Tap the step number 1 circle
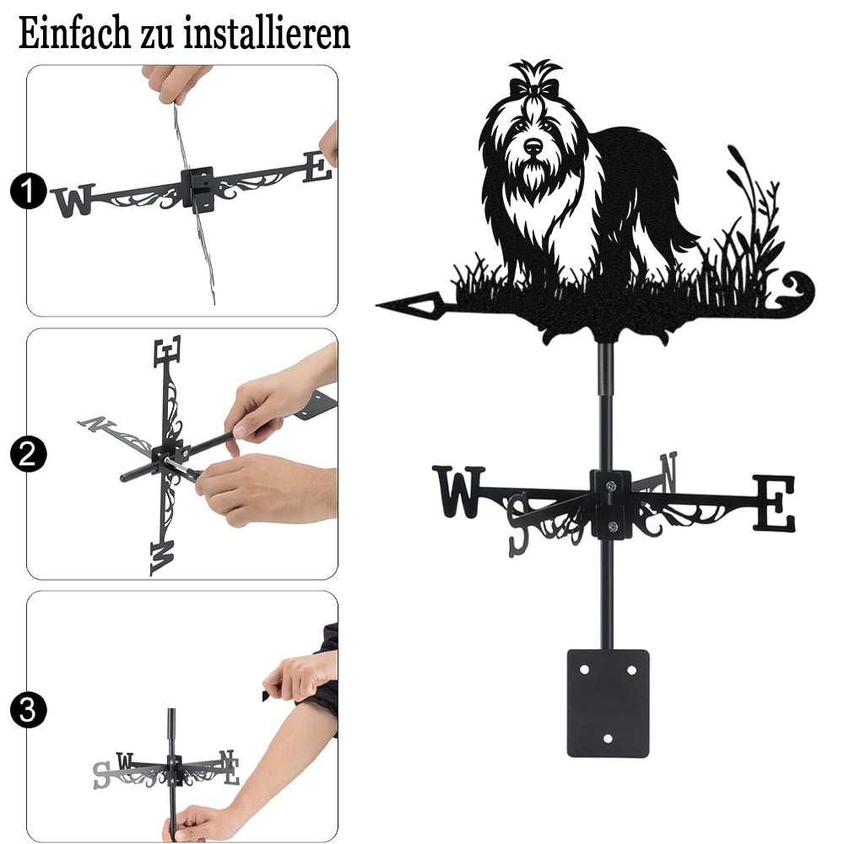(x=28, y=191)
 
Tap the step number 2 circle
(x=28, y=454)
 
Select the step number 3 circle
(x=28, y=710)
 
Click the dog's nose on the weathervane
(x=533, y=145)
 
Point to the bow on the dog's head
(x=533, y=87)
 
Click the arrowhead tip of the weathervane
(x=377, y=306)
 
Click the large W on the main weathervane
(x=458, y=491)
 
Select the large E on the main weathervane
(x=773, y=503)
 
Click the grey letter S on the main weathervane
(x=519, y=524)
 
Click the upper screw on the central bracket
(x=610, y=487)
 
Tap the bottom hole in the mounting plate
(x=608, y=738)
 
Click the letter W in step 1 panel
(x=73, y=201)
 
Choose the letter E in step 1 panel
(x=317, y=167)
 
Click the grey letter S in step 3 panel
(x=102, y=775)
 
